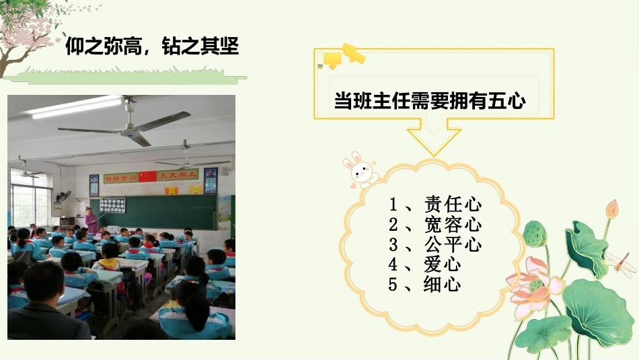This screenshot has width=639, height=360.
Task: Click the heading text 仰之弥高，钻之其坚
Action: click(152, 46)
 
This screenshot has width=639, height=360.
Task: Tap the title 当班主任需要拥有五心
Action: click(430, 100)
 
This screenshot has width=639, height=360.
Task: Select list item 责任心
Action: click(453, 205)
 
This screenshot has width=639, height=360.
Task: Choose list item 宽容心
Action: click(453, 225)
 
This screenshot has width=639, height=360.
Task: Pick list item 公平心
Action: click(453, 245)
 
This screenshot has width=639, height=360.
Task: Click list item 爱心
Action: click(443, 264)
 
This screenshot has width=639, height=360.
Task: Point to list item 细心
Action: click(443, 284)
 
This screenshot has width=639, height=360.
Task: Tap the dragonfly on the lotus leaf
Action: click(619, 263)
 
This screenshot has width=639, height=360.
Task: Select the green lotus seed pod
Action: click(534, 233)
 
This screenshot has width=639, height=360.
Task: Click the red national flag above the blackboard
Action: click(147, 176)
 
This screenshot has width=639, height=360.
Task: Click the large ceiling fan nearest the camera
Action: click(126, 124)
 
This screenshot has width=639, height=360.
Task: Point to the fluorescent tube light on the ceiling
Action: click(77, 107)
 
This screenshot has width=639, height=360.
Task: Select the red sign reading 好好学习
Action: click(120, 178)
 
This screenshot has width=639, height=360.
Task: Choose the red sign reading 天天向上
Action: click(178, 175)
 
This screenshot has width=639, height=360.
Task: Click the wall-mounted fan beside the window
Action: click(64, 196)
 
